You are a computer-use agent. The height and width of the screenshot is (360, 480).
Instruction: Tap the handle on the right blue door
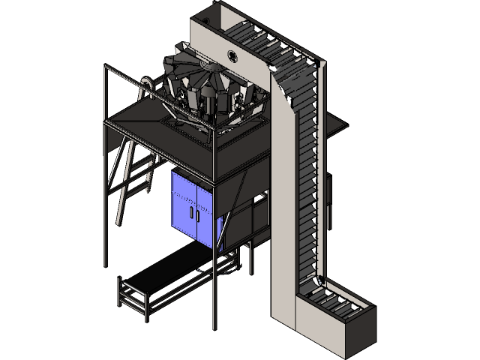tap(199, 215)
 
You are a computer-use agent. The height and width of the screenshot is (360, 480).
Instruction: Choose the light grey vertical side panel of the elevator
tap(285, 210)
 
